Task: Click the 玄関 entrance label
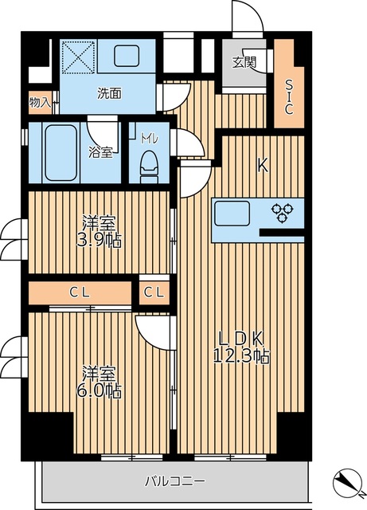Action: (244, 63)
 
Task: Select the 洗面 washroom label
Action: (110, 92)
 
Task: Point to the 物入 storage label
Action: (39, 102)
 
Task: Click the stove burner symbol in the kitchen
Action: (283, 212)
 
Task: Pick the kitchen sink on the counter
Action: (232, 214)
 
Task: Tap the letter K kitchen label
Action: (261, 166)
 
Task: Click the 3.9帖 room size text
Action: (101, 240)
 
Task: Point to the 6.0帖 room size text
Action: (101, 391)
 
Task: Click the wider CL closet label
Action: (79, 292)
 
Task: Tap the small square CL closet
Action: (154, 292)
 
